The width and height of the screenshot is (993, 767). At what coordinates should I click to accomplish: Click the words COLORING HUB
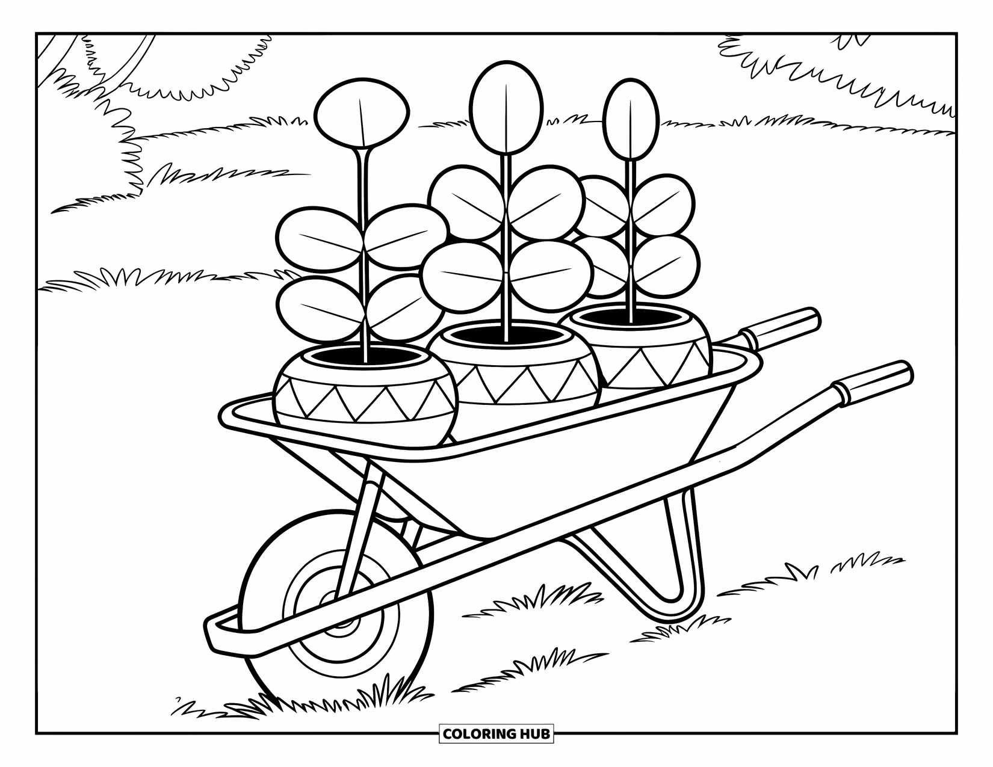[x=496, y=734]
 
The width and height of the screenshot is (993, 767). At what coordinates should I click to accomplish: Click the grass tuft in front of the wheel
[x=385, y=698]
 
